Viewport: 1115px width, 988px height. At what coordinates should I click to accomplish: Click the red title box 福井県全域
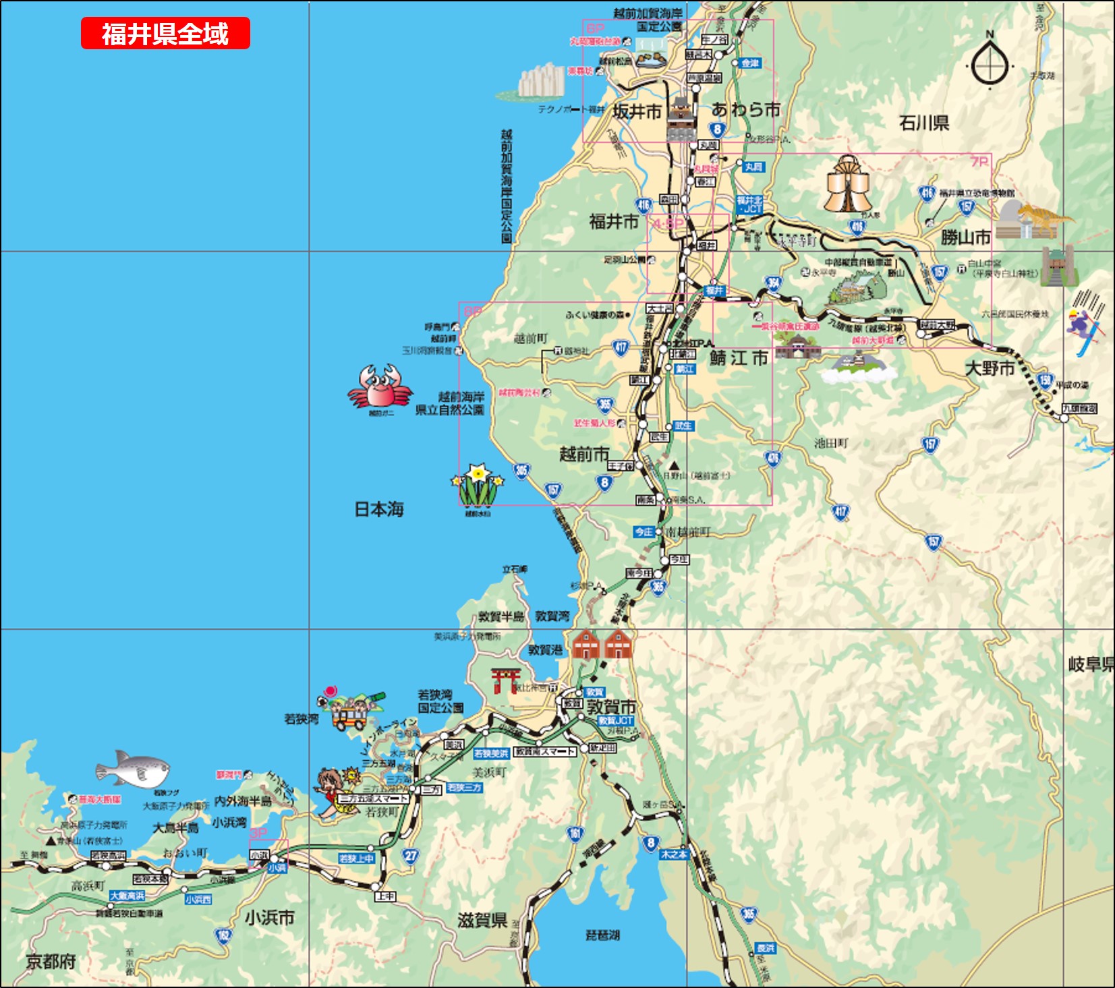point(165,34)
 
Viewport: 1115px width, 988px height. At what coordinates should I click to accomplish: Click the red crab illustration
point(379,386)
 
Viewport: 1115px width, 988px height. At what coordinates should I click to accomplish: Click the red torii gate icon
point(506,680)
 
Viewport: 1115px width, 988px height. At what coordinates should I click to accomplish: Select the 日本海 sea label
point(379,509)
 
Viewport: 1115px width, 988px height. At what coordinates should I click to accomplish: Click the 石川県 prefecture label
point(924,123)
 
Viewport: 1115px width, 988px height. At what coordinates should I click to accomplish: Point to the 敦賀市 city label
point(611,707)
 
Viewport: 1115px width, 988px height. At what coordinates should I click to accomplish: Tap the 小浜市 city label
point(269,918)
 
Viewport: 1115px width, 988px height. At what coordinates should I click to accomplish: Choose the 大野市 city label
point(990,368)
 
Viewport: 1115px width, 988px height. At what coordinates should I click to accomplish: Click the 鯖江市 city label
point(739,358)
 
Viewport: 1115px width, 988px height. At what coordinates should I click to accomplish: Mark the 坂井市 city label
point(637,112)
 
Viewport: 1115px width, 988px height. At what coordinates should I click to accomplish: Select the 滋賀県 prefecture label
point(482,920)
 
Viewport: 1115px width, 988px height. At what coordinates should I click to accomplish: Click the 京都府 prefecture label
point(51,961)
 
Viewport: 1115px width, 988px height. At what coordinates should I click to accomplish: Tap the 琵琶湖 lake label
point(602,935)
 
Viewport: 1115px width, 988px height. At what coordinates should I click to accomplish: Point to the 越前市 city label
point(584,454)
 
